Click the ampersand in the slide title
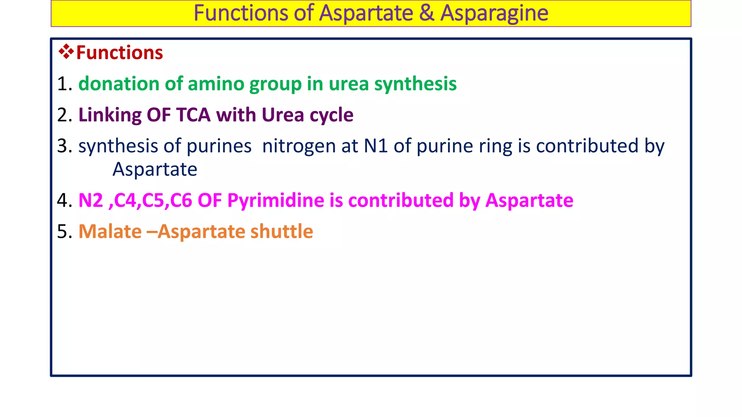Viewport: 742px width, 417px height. (427, 13)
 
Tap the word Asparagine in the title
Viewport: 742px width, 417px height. (494, 13)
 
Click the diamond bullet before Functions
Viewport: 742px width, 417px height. (66, 52)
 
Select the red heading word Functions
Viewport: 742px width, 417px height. (120, 52)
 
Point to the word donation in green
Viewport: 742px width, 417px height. (119, 84)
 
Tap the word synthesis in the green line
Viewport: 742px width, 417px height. (415, 84)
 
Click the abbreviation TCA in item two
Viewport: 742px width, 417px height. (193, 115)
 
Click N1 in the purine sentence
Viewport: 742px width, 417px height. (376, 146)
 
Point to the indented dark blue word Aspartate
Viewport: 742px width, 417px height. (155, 169)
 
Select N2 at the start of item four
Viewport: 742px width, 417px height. (91, 201)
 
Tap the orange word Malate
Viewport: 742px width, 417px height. (110, 232)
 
